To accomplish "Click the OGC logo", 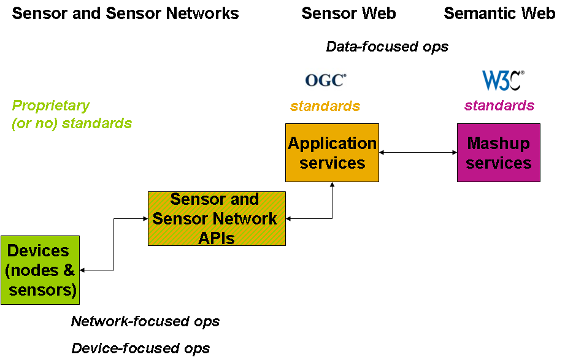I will [326, 80].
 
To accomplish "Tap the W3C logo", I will [503, 80].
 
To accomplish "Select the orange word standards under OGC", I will [325, 107].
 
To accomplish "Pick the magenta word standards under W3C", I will [499, 106].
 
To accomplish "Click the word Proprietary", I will [51, 105].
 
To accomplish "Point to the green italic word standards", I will [97, 123].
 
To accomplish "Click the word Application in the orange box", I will [332, 144].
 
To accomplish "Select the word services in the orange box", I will [332, 163].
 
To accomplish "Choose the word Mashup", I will [498, 144].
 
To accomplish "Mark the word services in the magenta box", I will [499, 163].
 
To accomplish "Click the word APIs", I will [217, 238].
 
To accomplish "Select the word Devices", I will [38, 251].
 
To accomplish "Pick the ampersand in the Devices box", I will [69, 270].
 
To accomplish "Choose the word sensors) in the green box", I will [43, 290].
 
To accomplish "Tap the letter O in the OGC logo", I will [312, 80].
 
